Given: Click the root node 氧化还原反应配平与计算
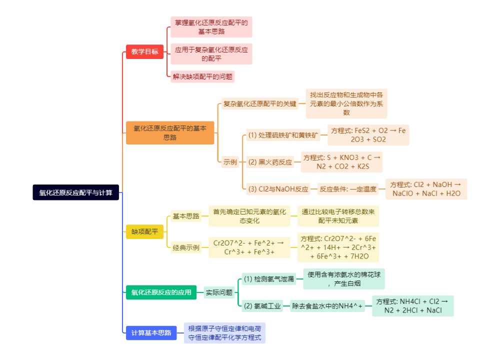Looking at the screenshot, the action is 75,192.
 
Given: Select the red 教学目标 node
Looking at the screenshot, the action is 144,51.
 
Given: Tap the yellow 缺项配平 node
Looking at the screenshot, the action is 144,231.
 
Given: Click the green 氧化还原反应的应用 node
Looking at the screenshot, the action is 161,292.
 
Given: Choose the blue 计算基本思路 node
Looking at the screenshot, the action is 151,332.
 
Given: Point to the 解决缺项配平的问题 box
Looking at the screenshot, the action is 202,76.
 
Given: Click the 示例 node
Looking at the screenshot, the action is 230,162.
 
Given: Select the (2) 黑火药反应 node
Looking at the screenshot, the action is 270,162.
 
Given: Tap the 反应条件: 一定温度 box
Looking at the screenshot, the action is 347,189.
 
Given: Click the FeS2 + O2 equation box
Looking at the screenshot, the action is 368,135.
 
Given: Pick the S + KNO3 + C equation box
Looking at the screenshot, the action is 342,162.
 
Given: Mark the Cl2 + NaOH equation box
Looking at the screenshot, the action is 426,189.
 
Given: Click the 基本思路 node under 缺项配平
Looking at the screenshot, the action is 186,216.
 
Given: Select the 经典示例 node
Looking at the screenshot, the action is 186,247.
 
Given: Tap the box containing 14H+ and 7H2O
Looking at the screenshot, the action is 338,247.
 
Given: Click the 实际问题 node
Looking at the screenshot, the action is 219,292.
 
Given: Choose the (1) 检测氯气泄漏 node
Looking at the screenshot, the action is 269,279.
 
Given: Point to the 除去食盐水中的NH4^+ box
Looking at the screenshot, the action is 327,306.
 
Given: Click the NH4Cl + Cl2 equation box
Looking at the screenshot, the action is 413,306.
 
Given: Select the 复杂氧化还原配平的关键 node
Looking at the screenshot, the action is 260,103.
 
